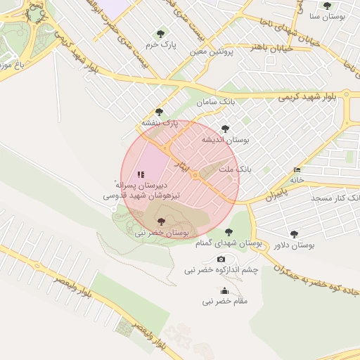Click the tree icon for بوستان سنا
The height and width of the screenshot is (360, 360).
click(x=326, y=6)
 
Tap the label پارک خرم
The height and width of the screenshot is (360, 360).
click(x=160, y=44)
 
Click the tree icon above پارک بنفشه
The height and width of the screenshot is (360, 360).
click(x=159, y=111)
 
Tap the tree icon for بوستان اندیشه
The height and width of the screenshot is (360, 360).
click(x=225, y=129)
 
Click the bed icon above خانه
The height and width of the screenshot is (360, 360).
click(x=297, y=169)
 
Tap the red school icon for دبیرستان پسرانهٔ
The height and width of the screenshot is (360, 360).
click(x=141, y=174)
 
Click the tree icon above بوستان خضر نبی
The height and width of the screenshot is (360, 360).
click(x=161, y=221)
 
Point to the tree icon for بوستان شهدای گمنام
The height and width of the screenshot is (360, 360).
click(x=227, y=231)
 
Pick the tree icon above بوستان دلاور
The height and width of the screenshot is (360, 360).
click(x=294, y=234)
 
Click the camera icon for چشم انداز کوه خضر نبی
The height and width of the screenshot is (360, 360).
click(x=221, y=259)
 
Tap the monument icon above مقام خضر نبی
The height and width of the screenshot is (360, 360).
click(x=224, y=291)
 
